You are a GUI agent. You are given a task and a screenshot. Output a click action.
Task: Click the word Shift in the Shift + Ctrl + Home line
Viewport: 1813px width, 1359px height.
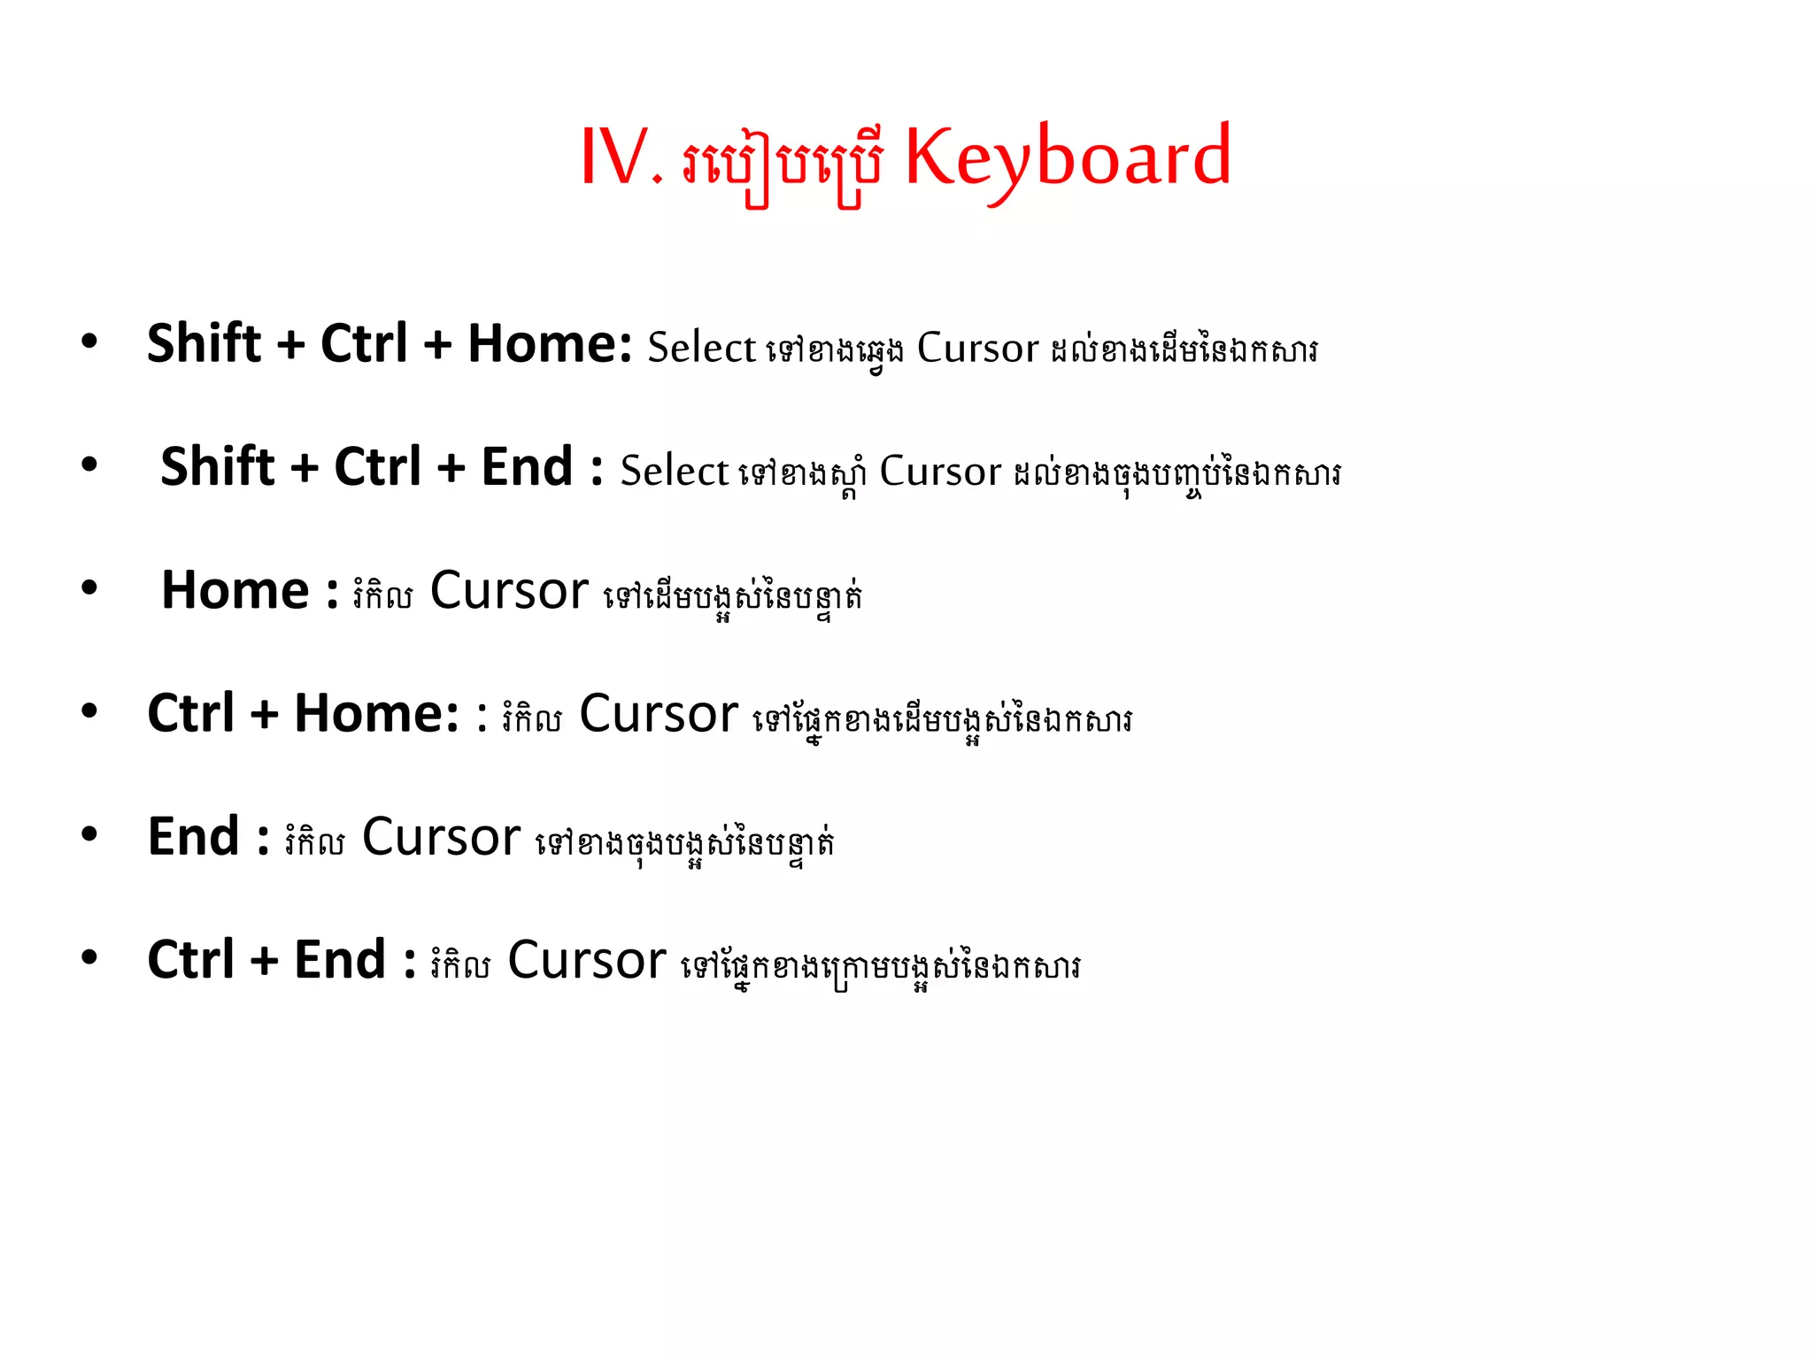tap(204, 343)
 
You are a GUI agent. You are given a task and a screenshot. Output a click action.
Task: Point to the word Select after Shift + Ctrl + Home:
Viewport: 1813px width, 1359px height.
tap(701, 348)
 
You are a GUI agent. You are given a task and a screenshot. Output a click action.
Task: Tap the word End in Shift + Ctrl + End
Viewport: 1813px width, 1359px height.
tap(527, 467)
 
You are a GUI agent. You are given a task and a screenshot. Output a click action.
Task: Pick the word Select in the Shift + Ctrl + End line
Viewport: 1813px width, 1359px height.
tap(674, 471)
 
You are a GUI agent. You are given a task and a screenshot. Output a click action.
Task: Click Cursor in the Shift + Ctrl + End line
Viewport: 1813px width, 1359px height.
tap(940, 472)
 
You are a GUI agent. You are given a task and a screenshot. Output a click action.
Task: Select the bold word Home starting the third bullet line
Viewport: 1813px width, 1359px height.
tap(235, 590)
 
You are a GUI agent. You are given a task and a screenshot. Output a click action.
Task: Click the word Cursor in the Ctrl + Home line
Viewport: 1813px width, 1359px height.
tap(659, 714)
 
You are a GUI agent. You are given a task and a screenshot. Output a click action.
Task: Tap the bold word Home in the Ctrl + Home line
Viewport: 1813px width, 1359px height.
tap(375, 713)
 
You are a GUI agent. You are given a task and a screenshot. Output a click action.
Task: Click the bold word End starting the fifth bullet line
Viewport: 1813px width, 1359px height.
tap(194, 837)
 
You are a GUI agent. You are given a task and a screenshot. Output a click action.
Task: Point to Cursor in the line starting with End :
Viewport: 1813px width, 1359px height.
tap(441, 837)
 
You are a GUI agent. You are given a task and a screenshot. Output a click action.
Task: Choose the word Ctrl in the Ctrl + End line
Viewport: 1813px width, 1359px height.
tap(191, 960)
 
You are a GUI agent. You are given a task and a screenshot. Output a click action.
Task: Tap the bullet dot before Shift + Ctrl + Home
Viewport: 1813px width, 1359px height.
tap(89, 342)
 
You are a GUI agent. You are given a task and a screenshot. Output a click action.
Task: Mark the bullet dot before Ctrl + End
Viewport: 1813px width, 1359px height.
tap(89, 957)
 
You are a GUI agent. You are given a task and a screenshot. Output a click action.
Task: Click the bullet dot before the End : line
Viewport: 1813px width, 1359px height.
tap(89, 834)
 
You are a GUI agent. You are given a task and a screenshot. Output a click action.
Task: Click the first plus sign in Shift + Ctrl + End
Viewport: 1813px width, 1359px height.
tap(304, 468)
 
